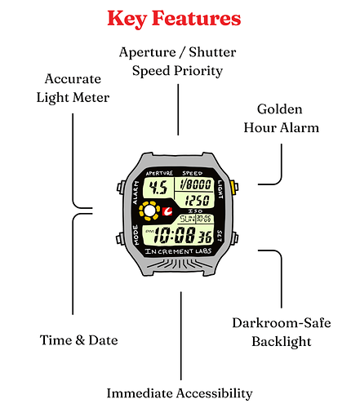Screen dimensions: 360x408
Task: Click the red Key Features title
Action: tap(174, 19)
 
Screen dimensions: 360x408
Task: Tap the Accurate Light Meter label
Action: tap(73, 88)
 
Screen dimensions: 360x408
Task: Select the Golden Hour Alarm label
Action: tap(281, 118)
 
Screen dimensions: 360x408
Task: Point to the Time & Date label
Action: tap(79, 340)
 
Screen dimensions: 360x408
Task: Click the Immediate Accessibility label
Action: tap(180, 393)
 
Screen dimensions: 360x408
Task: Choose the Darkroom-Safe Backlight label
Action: tap(282, 332)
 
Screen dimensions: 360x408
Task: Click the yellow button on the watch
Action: tap(233, 188)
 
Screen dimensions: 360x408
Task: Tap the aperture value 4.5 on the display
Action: tap(158, 188)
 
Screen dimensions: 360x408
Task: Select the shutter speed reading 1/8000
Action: tap(196, 184)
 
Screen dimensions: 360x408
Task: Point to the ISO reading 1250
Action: tap(198, 201)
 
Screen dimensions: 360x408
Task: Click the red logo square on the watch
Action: tap(167, 211)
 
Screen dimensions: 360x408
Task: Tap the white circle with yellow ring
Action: tap(149, 211)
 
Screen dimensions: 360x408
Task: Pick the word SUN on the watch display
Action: tap(188, 219)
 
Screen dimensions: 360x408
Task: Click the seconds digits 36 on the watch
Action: tap(205, 237)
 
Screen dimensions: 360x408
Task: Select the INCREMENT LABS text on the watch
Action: tap(178, 251)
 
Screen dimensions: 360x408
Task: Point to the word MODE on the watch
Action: tap(136, 235)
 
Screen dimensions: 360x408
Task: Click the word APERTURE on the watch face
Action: tap(159, 173)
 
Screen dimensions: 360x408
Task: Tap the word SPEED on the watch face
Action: tap(193, 173)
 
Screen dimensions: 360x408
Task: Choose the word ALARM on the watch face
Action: tap(136, 193)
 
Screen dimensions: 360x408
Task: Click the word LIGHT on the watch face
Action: tap(220, 189)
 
